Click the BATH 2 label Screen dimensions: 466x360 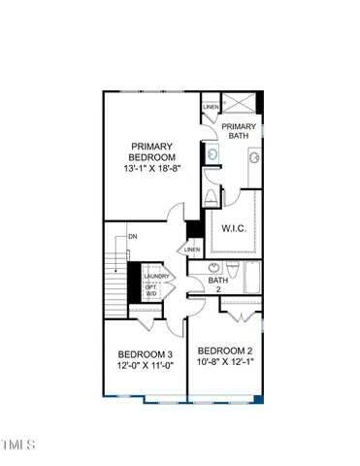tap(218, 285)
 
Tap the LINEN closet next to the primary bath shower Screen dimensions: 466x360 tap(211, 107)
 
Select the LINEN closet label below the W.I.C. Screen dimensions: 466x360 tap(192, 250)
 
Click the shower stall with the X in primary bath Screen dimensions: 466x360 tap(241, 104)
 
